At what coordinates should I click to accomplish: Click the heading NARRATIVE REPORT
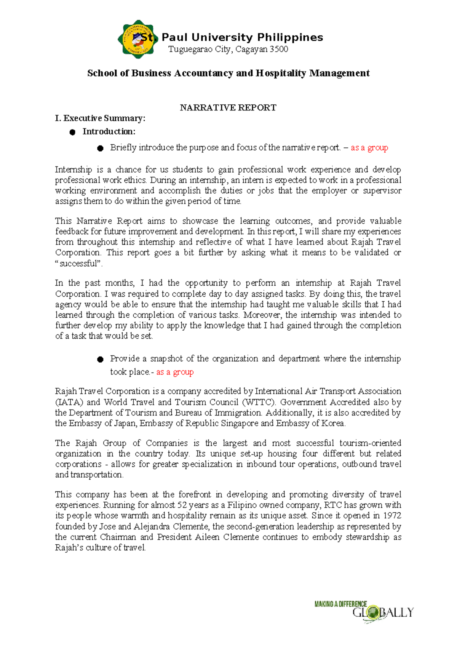pyautogui.click(x=228, y=108)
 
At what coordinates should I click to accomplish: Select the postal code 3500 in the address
pyautogui.click(x=279, y=49)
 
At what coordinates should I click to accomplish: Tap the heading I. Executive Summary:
pyautogui.click(x=100, y=118)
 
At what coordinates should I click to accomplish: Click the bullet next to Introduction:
pyautogui.click(x=72, y=132)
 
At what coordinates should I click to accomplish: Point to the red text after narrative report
pyautogui.click(x=369, y=148)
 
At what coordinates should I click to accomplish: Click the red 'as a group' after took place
pyautogui.click(x=175, y=372)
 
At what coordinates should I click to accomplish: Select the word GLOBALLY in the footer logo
pyautogui.click(x=382, y=612)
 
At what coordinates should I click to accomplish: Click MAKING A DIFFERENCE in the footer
pyautogui.click(x=340, y=604)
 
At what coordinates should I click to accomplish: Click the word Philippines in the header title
pyautogui.click(x=290, y=37)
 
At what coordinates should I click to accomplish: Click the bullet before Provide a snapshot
pyautogui.click(x=100, y=359)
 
